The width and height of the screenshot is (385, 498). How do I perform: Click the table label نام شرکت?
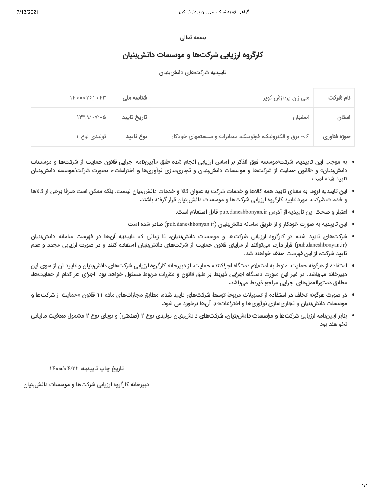(339, 98)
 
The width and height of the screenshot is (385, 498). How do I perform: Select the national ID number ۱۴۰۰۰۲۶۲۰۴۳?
(88, 98)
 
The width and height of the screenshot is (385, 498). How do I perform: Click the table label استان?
(344, 117)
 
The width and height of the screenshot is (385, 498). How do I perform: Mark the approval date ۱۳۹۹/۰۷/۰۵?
(91, 117)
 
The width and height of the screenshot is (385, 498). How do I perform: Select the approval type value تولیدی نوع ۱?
(91, 136)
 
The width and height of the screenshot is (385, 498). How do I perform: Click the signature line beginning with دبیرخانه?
(86, 385)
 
